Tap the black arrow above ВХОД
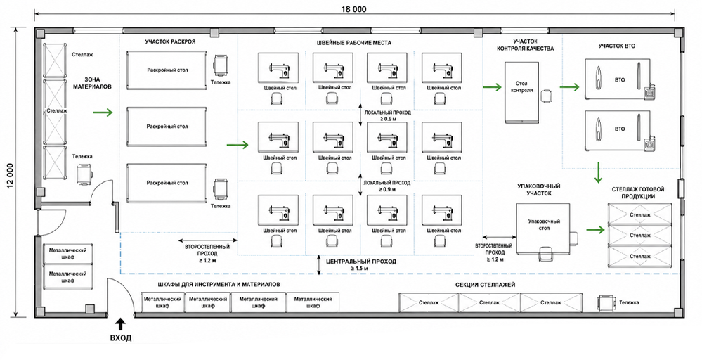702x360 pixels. coord(120,323)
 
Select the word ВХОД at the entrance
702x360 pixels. coord(120,338)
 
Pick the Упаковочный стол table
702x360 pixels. coord(545,228)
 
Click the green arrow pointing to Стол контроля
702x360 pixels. coord(492,87)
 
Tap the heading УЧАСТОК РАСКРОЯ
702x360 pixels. coord(170,42)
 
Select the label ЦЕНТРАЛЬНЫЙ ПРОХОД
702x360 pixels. coord(361,262)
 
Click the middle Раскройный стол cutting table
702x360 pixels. coord(167,127)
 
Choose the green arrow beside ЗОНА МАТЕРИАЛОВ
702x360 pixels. coord(103,112)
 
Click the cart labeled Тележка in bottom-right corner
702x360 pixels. coord(606,304)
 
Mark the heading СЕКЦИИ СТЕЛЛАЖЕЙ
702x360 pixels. coord(486,285)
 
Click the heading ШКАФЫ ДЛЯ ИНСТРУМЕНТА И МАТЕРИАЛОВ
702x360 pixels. coord(219,285)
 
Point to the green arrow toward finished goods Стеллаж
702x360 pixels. coord(597,230)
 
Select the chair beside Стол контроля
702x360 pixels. coord(547,96)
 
